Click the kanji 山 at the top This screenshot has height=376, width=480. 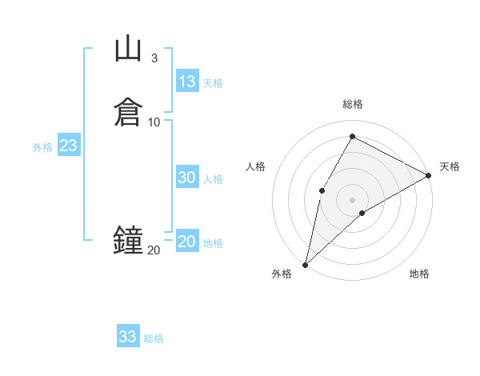128,49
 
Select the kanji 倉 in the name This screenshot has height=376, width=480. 128,111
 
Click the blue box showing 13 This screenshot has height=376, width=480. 187,82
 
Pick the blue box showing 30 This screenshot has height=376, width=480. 187,178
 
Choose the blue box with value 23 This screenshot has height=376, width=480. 68,146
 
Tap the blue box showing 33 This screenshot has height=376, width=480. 128,337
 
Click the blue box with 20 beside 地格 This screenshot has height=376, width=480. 187,242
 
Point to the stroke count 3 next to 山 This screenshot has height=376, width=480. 154,58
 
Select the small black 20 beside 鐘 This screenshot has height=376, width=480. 154,250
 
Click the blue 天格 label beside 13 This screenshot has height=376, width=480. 213,83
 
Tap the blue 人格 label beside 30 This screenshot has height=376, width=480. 214,179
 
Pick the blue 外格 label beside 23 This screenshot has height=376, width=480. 42,147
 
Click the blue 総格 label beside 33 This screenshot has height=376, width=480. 154,338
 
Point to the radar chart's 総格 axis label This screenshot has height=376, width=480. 352,104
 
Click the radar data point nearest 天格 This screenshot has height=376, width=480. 429,176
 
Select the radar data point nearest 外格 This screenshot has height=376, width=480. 305,265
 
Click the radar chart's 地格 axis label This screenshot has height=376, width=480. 419,274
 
